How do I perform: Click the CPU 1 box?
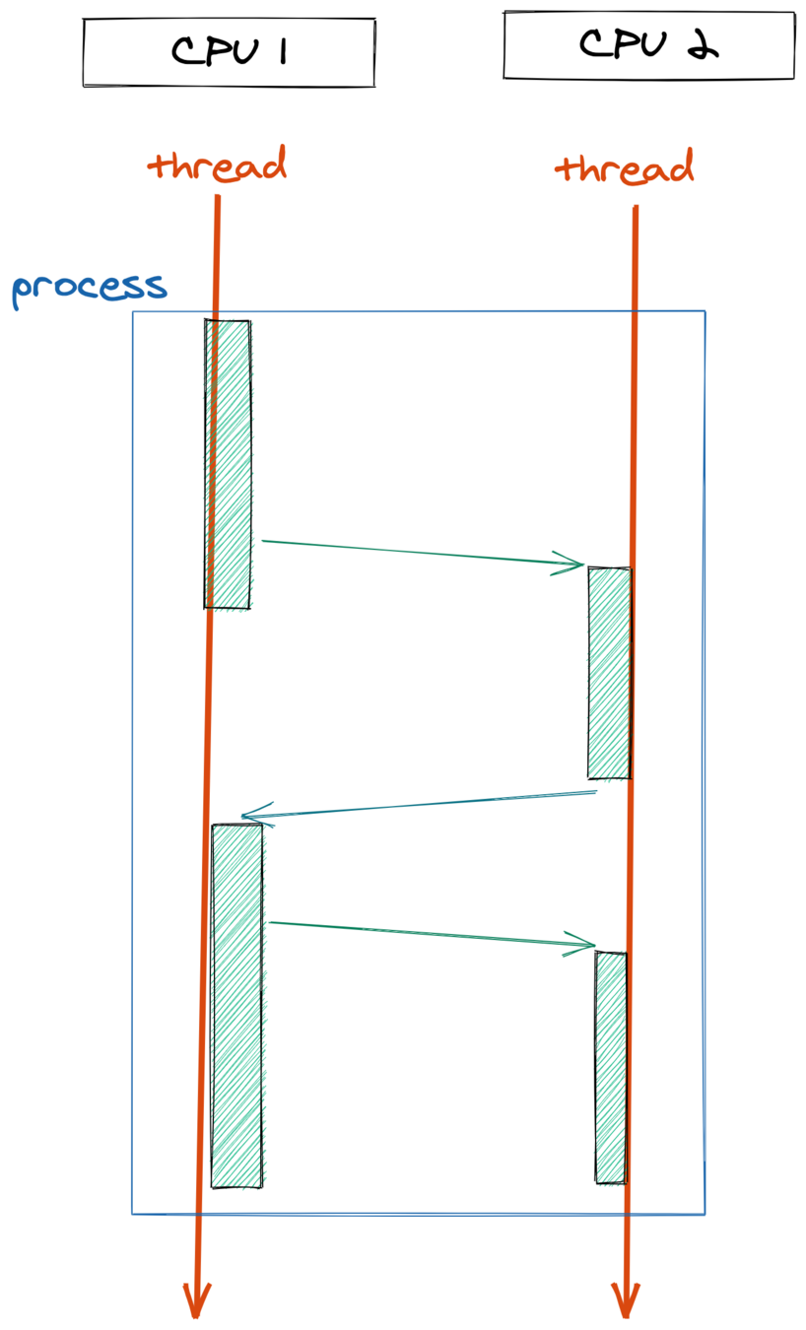229,51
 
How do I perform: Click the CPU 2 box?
648,45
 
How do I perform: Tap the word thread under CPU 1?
218,165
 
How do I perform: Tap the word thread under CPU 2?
625,168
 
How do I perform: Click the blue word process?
89,287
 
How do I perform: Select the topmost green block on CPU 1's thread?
228,463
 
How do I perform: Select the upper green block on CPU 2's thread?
609,673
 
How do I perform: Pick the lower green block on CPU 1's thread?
236,1005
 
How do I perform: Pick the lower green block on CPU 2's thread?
611,1067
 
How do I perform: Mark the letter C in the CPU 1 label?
187,51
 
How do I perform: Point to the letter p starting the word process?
22,291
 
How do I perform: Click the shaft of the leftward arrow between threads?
424,804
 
